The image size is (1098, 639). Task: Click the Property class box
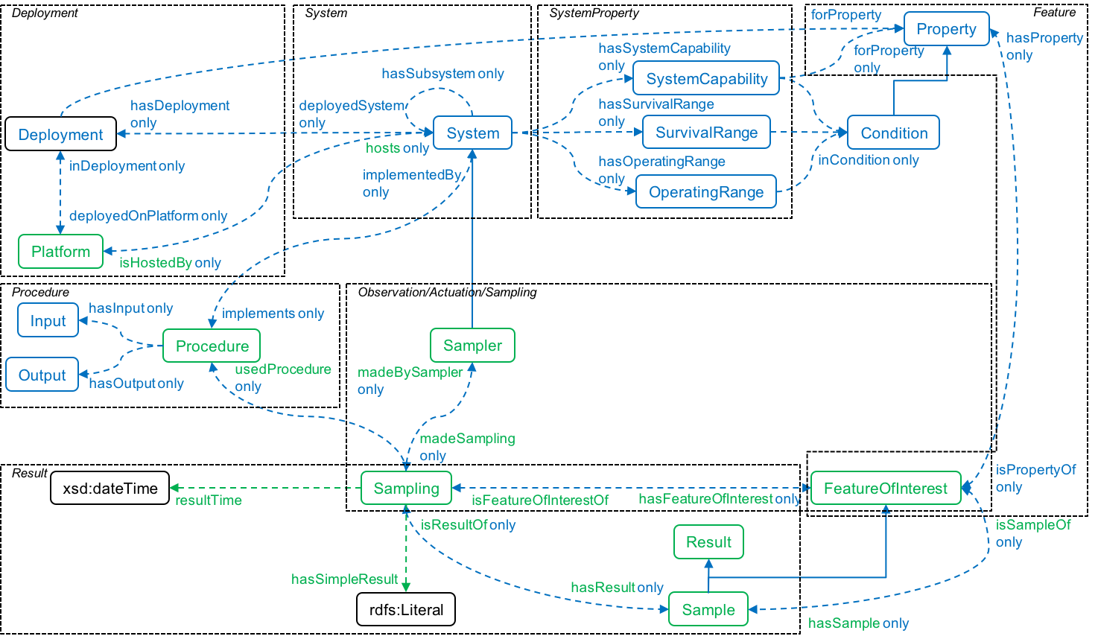946,29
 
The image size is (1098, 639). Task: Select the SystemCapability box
706,79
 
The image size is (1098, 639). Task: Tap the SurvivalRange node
706,133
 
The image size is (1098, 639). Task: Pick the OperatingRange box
705,192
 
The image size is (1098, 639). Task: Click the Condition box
893,133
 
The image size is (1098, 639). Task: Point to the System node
472,133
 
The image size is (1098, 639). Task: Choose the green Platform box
60,252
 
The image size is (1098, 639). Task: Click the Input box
48,321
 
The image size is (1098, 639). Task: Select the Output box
42,375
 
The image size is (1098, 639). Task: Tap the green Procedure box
212,346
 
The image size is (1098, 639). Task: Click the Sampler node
472,346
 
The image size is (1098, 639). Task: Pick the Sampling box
406,489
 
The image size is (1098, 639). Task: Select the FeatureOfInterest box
885,489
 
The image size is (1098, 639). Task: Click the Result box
708,542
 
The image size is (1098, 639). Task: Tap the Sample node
708,610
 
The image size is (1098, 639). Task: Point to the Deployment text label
60,135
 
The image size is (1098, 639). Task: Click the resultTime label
209,500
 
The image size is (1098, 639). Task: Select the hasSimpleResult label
344,579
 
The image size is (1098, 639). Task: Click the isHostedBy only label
170,263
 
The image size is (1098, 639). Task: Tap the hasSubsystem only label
442,74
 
